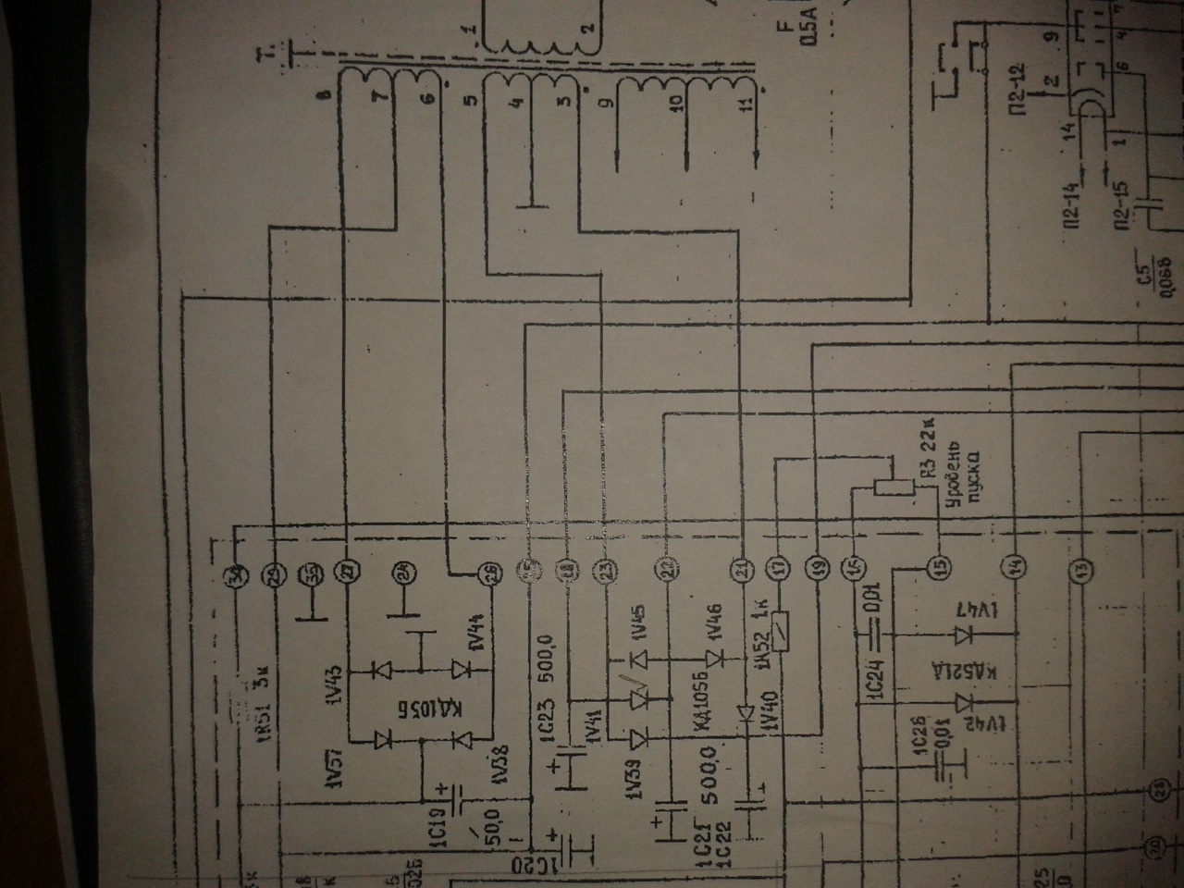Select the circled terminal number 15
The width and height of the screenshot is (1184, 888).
[x=938, y=567]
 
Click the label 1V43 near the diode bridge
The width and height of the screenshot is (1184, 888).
[x=334, y=687]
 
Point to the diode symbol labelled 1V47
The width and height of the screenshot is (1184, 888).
[x=964, y=635]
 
